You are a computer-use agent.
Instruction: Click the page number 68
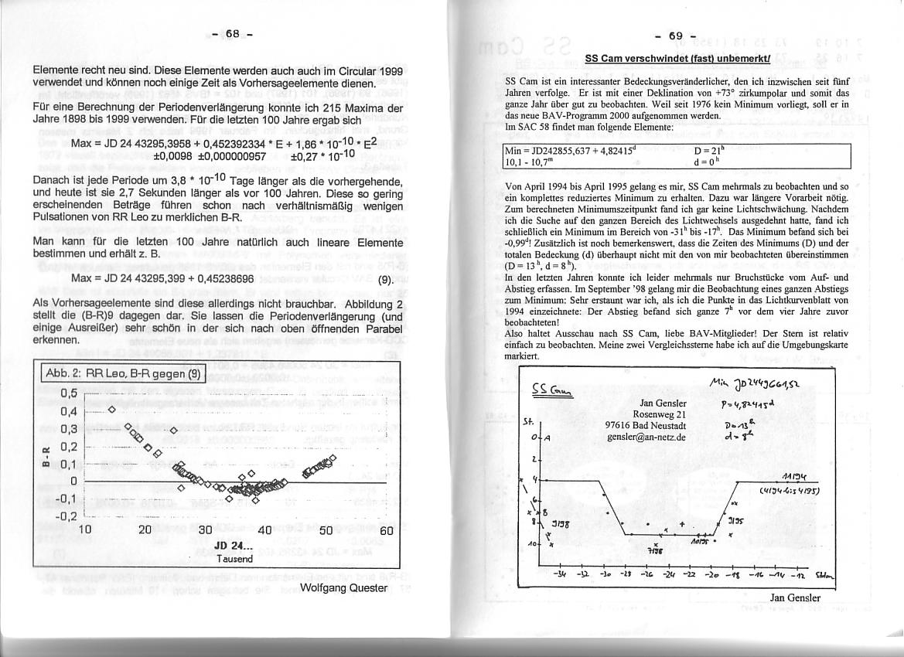[232, 33]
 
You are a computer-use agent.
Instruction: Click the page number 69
[676, 36]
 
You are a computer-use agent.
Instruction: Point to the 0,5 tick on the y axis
[69, 393]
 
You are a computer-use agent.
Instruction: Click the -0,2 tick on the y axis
[67, 516]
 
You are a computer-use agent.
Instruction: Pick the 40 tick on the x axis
[264, 531]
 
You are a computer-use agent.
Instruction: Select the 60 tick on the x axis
[387, 531]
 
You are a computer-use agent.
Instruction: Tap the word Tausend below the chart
[231, 558]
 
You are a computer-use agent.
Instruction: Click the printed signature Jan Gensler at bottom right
[795, 597]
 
